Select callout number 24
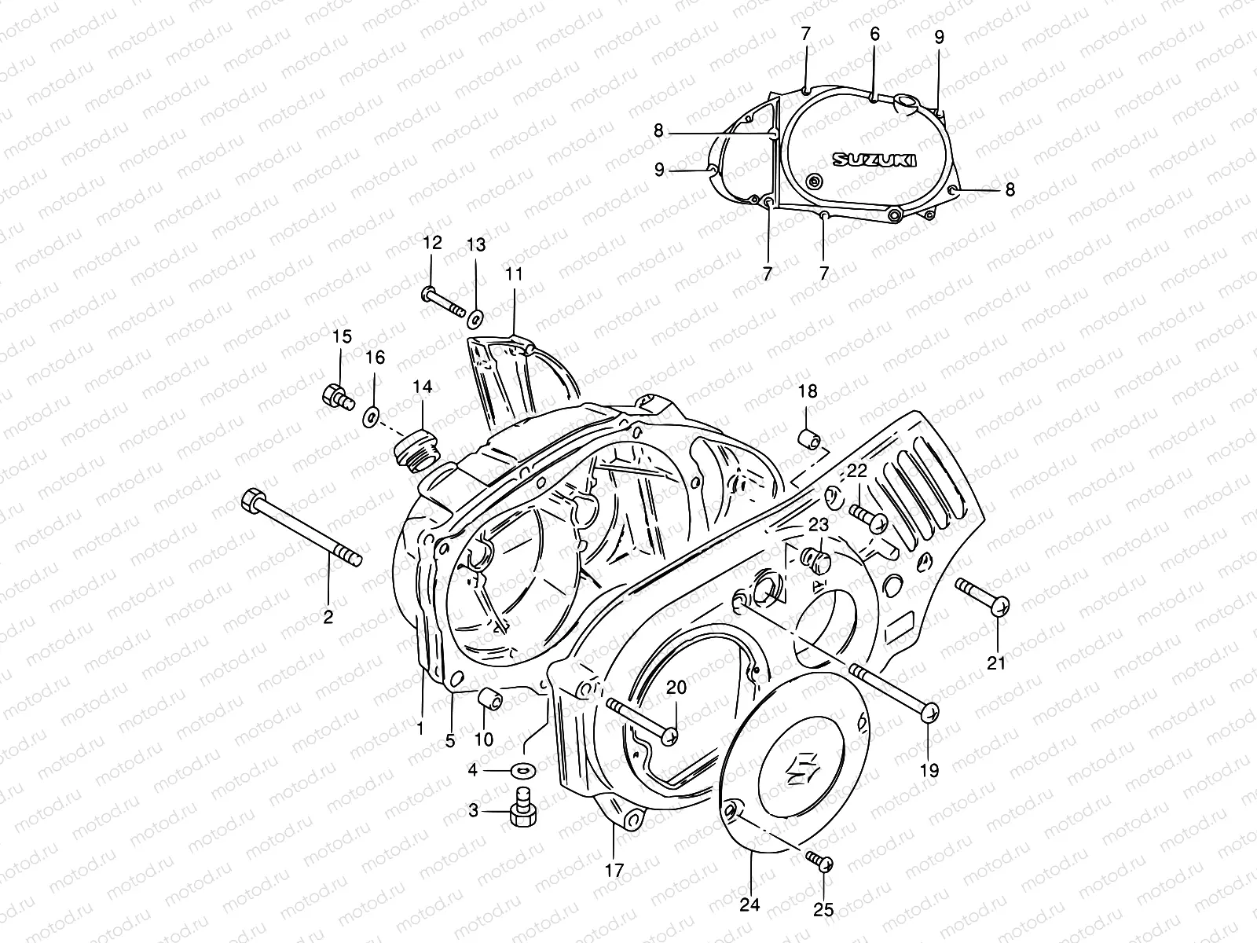[x=750, y=905]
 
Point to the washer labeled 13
[x=475, y=319]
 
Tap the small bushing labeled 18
[x=808, y=438]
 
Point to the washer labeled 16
[x=371, y=415]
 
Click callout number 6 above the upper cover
[x=874, y=35]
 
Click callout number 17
[x=614, y=870]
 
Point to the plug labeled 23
[x=816, y=561]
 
